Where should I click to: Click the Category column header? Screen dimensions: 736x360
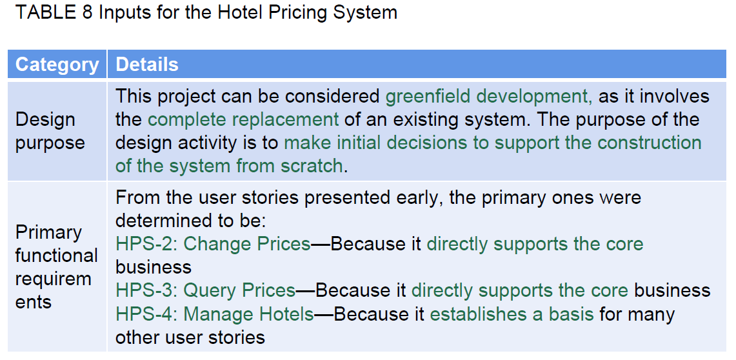[57, 65]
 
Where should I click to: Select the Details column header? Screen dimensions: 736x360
[147, 65]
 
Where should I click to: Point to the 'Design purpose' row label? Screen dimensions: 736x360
[50, 131]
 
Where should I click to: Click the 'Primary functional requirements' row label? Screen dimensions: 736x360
[56, 267]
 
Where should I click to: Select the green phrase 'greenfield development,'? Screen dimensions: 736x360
[489, 96]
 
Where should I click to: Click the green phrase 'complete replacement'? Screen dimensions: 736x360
[243, 119]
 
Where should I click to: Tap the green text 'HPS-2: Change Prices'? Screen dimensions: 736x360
[213, 244]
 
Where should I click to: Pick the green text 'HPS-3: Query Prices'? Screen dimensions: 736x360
[206, 290]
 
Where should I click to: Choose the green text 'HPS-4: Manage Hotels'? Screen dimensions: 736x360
[215, 314]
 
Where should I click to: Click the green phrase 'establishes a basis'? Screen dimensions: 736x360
[512, 314]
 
